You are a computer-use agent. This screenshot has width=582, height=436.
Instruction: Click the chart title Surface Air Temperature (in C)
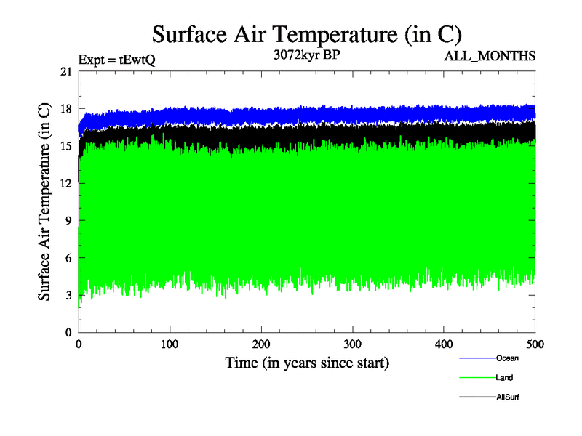(306, 34)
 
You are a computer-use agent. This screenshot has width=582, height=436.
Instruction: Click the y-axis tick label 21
(65, 71)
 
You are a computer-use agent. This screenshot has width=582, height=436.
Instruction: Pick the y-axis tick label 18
(65, 109)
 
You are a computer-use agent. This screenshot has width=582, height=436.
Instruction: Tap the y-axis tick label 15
(65, 146)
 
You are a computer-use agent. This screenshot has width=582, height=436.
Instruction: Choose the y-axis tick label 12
(65, 183)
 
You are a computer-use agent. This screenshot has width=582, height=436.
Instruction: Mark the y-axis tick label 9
(68, 221)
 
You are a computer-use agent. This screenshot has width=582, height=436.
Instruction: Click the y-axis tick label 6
(68, 258)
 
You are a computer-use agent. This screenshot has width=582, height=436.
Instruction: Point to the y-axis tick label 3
(68, 295)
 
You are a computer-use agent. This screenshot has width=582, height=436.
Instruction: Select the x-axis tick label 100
(170, 344)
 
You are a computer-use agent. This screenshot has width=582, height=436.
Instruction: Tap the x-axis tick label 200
(261, 344)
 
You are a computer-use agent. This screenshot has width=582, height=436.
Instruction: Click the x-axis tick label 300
(353, 344)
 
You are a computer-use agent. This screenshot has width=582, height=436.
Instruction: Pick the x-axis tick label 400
(444, 344)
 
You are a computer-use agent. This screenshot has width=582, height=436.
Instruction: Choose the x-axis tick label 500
(535, 344)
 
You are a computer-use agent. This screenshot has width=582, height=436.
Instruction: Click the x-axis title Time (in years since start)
(307, 362)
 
